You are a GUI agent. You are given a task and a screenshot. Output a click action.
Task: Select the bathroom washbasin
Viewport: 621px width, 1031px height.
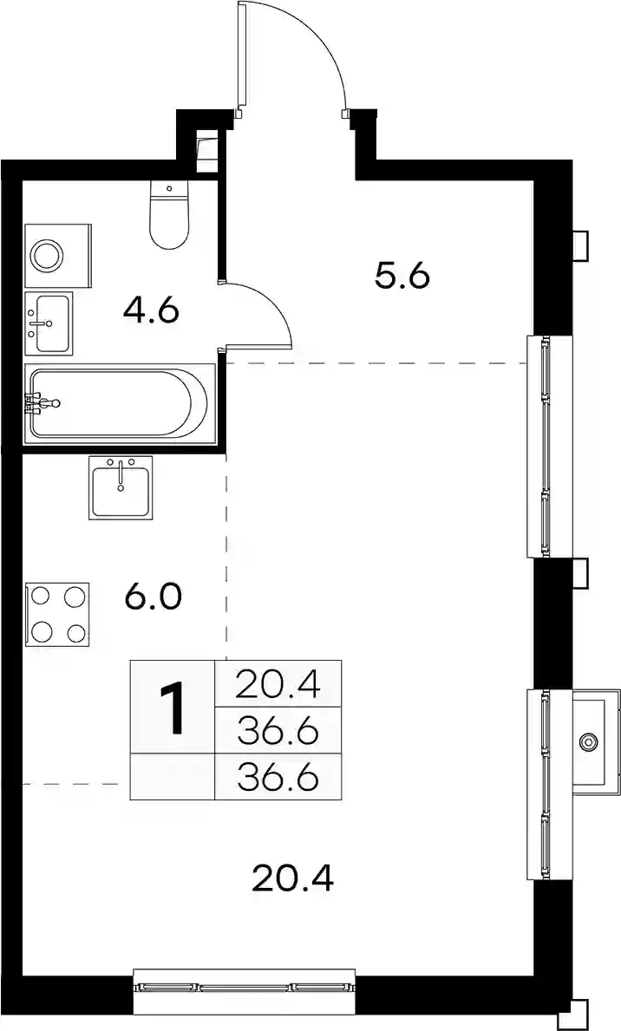48,323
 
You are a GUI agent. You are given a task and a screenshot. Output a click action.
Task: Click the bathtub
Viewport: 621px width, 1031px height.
120,401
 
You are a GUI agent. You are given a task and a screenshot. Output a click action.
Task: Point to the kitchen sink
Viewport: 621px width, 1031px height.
121,487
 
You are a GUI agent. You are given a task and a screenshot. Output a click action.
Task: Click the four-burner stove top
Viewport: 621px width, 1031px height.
57,613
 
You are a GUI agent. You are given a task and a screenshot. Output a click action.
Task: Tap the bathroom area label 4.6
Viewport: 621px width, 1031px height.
151,310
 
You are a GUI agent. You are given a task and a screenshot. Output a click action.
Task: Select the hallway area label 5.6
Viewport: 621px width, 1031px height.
402,276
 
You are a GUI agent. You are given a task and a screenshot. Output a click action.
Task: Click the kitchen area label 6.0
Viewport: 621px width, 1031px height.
152,597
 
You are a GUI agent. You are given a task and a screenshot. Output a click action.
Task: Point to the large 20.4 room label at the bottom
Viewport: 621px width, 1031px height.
293,878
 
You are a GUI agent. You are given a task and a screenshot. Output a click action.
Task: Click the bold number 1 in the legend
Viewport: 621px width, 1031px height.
173,708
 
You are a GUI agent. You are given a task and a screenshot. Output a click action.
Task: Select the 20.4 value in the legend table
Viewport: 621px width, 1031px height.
278,684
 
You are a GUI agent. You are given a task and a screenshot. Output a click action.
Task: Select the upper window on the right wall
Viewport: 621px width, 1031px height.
543,447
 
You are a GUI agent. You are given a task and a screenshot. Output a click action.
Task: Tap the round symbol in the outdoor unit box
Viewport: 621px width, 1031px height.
588,741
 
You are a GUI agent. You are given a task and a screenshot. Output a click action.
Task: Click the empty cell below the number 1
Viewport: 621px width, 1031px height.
173,777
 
